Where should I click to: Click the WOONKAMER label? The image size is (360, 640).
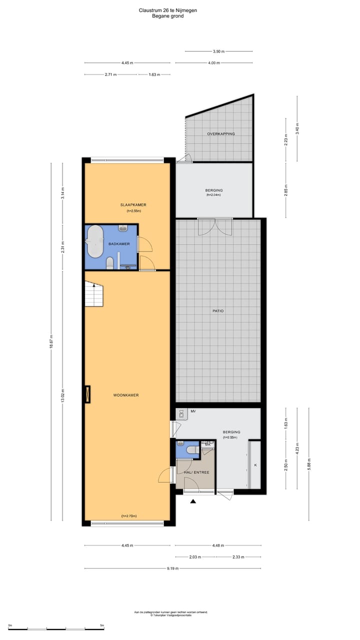coord(125,395)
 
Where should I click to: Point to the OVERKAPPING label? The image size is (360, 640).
coord(221,134)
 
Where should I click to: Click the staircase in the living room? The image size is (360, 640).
coord(93,294)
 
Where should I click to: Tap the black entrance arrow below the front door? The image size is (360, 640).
coord(193,501)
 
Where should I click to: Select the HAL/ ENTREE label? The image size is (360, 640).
coord(193,472)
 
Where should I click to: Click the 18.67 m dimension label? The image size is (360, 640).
coord(51,343)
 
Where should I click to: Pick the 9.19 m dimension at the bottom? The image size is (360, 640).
coord(173,568)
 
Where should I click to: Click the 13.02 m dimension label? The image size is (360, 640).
coord(62,395)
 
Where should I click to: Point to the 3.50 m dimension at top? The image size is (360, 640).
coord(218,51)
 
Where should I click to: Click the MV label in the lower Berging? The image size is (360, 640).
coord(193,411)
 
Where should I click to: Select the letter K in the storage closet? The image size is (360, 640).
coord(255,465)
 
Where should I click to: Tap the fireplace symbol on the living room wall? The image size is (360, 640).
coord(87,394)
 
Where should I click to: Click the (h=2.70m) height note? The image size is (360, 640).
coord(129,516)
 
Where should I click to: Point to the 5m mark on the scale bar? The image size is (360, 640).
coord(102,625)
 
